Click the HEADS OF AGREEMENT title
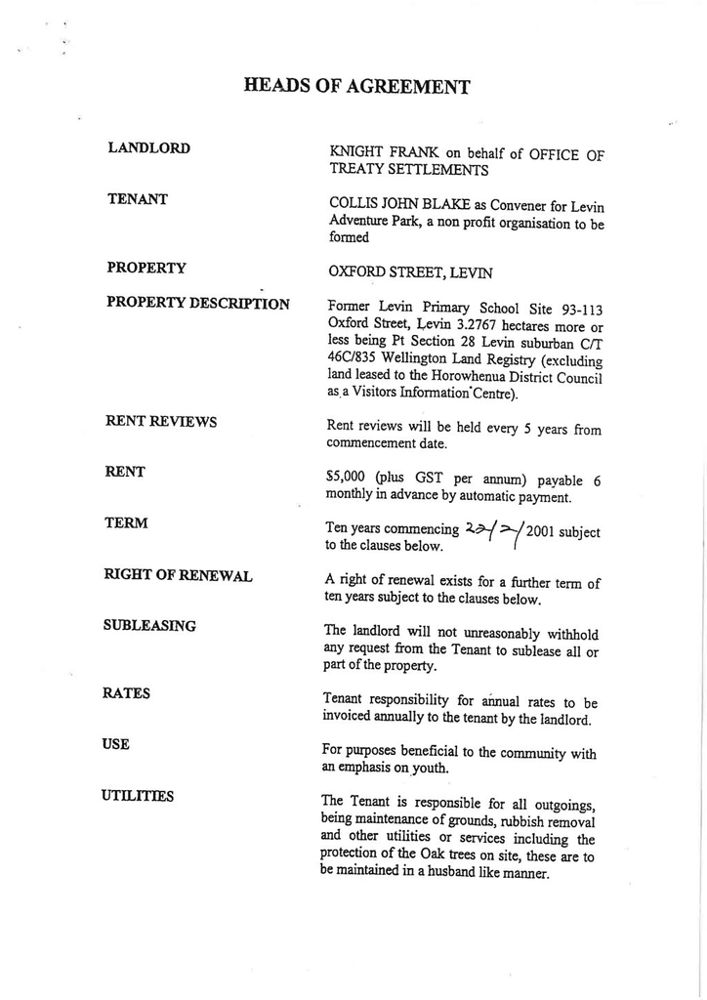click(x=356, y=87)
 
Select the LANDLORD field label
click(x=148, y=148)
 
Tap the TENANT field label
click(x=137, y=199)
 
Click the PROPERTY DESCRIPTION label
click(x=197, y=304)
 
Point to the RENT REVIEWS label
click(x=160, y=421)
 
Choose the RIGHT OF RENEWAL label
click(x=178, y=575)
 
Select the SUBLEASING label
click(x=148, y=625)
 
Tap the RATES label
click(x=126, y=693)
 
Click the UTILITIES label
click(x=137, y=796)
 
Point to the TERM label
click(x=126, y=523)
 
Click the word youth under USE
click(x=430, y=769)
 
